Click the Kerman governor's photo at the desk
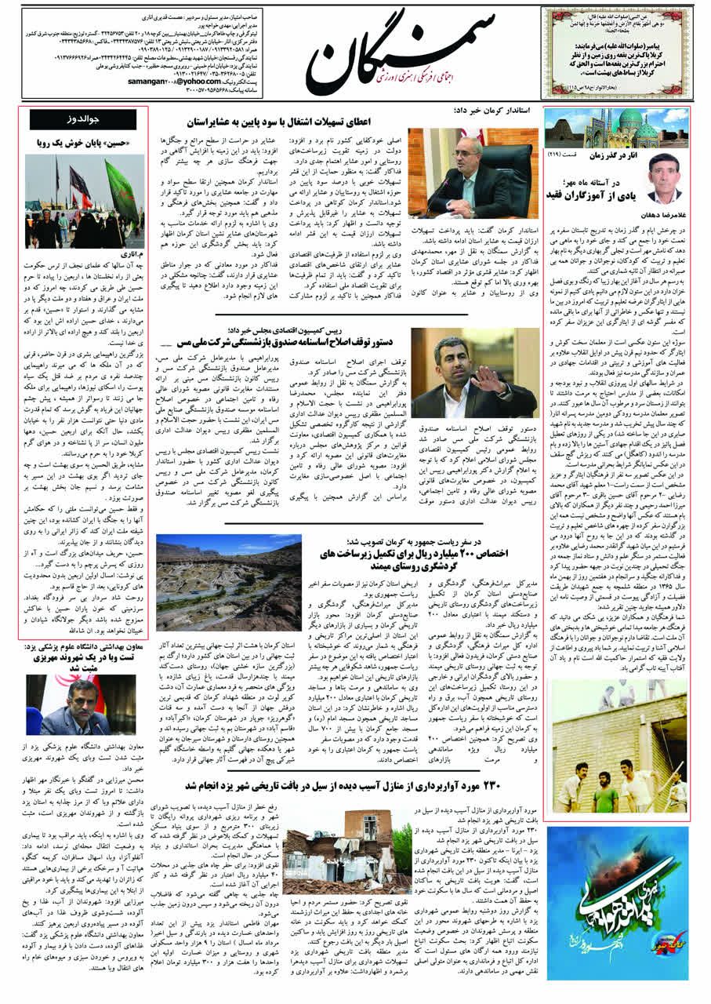coord(473,173)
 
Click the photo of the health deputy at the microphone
coord(82,704)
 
